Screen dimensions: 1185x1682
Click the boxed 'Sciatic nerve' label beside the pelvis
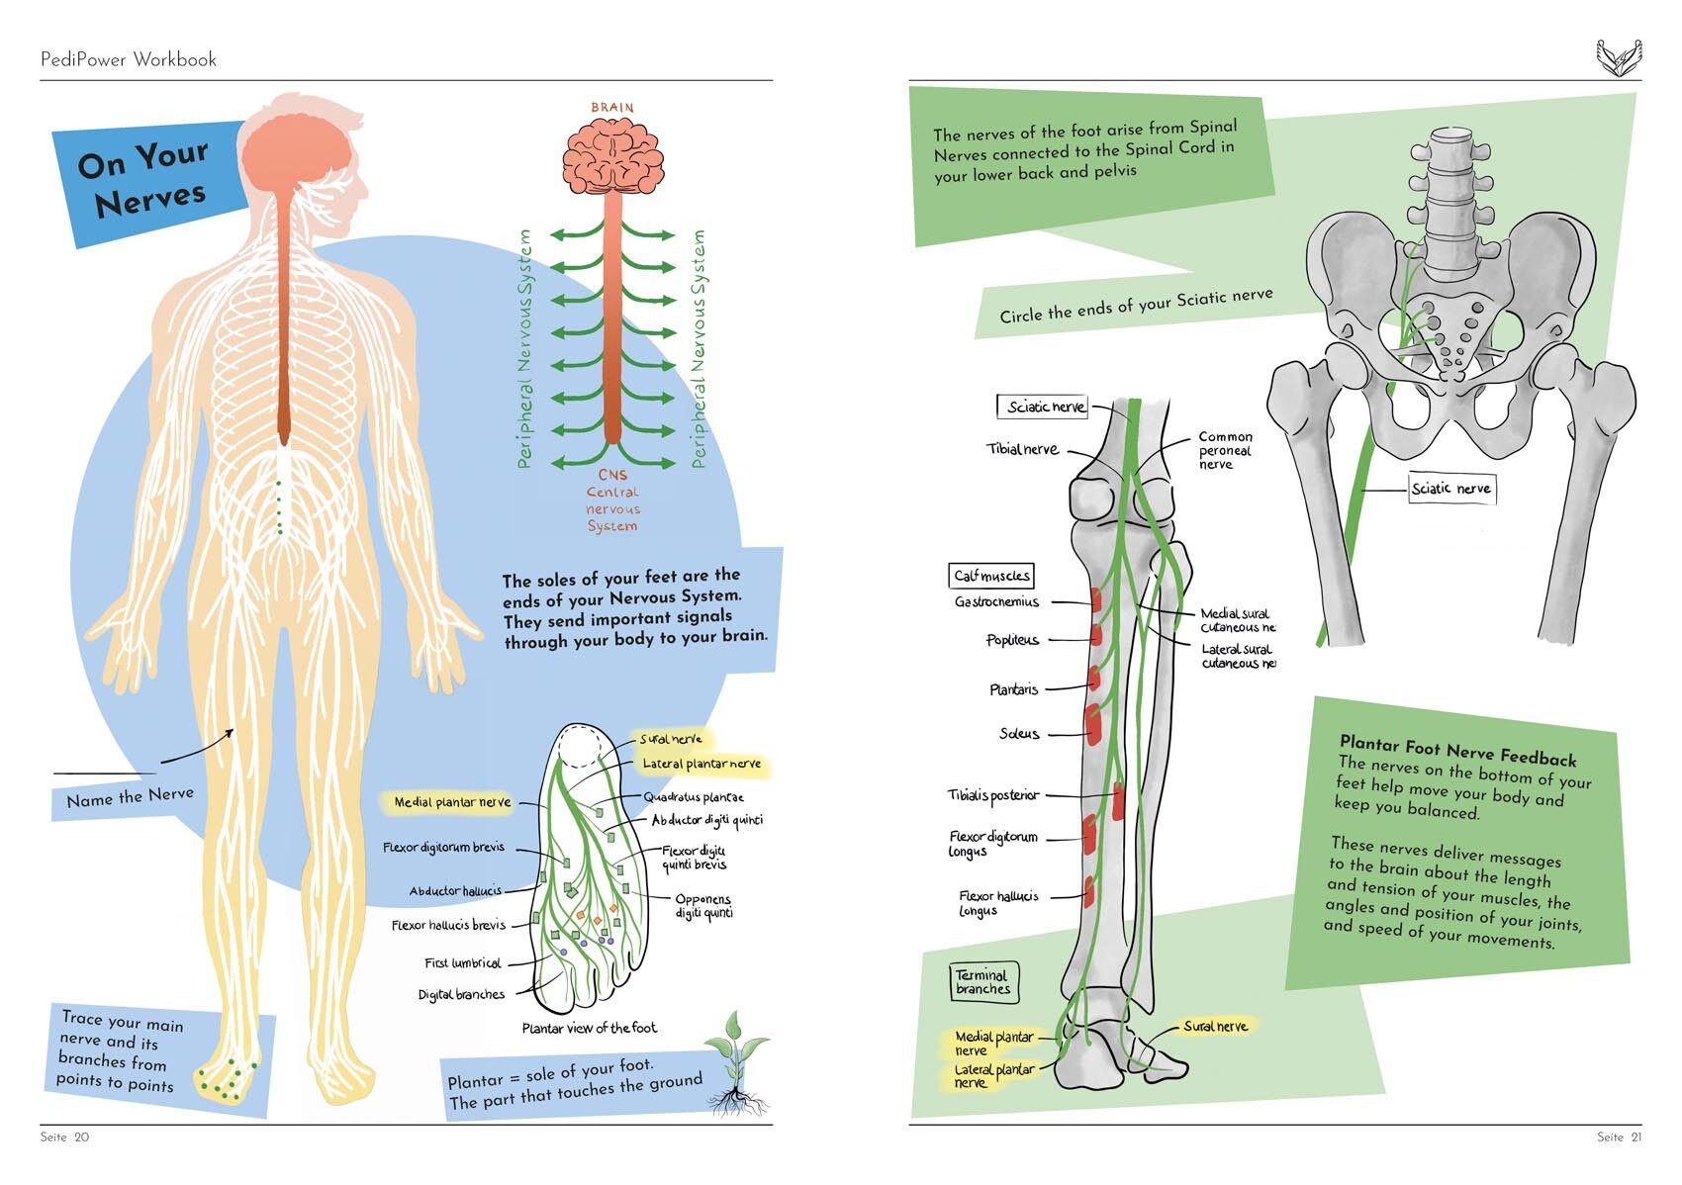1451,489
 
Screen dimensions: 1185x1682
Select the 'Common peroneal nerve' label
1225,450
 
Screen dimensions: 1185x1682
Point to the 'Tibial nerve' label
1022,449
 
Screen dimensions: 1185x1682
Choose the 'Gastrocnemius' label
996,601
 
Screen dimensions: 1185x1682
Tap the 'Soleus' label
1019,734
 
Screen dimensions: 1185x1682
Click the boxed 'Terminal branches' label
982,982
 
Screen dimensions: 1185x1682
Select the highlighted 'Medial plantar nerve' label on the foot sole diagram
452,802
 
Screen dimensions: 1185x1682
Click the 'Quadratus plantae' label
694,797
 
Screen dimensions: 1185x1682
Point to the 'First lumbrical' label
462,963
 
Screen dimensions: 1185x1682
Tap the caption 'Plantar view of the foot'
589,1029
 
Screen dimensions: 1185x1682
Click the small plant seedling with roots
735,1063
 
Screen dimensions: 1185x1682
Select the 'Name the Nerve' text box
130,797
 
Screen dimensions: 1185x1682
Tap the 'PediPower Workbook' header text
129,59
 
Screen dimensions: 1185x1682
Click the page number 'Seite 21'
1619,1138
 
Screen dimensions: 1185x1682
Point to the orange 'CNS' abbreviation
612,475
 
